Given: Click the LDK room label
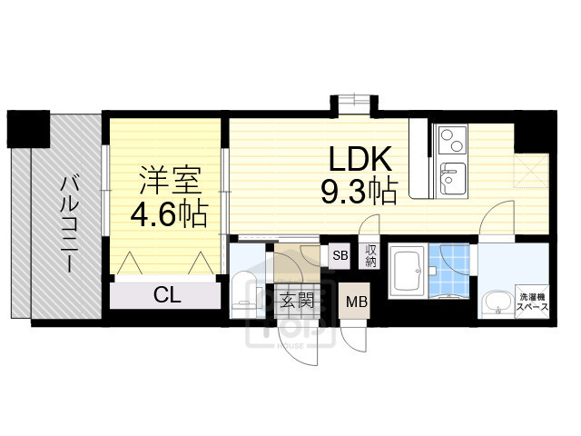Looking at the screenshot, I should tap(359, 160).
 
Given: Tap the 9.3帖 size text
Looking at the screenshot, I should tap(359, 192).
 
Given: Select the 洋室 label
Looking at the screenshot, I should tap(170, 180).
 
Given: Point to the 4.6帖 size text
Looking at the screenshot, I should tap(170, 215).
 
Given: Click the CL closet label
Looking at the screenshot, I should tap(165, 294).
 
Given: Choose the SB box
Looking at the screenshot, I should tap(340, 255).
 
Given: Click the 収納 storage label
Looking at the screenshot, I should tap(370, 255).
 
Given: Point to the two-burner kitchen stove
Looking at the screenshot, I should tap(449, 139).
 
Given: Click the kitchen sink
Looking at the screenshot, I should tap(449, 174).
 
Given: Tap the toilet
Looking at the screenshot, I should tap(242, 292).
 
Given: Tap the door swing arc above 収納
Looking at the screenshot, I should tap(369, 229).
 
